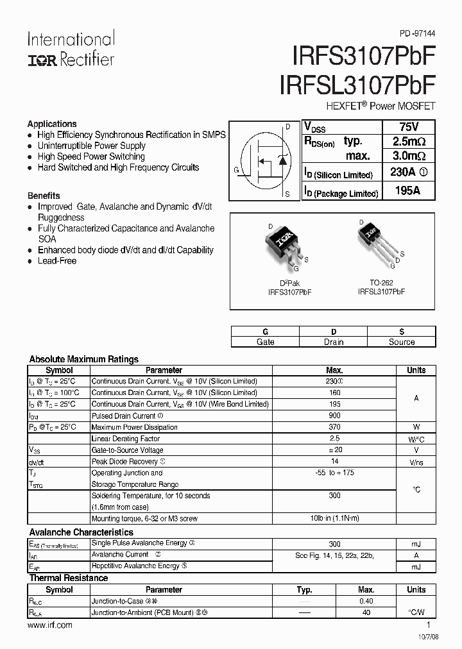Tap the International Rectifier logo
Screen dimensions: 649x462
71,49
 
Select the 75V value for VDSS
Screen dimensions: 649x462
409,126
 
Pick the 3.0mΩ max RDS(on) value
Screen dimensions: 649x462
409,156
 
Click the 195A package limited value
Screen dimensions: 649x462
409,191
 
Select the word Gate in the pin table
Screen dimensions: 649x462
265,342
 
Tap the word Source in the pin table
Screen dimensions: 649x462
402,342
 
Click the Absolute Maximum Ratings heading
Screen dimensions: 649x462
84,359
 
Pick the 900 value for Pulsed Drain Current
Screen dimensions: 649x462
334,416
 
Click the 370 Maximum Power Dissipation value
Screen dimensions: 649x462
334,427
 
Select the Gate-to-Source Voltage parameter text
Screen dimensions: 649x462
128,450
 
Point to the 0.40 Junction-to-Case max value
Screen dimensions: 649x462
366,601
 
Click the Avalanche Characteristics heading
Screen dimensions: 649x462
81,532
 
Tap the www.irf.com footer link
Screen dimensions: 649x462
50,625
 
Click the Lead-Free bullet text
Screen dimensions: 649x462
57,261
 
